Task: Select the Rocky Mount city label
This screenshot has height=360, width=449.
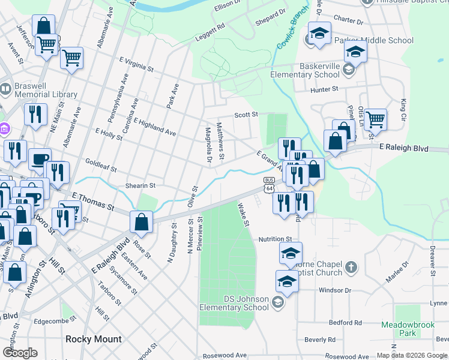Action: pos(93,339)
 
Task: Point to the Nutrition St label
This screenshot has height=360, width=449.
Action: pos(275,239)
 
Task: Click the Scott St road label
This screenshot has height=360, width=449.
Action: pos(246,114)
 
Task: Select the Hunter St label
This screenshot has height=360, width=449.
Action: pos(325,89)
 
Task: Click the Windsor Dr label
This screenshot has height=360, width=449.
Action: pos(334,290)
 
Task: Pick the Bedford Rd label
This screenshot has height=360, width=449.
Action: pos(341,323)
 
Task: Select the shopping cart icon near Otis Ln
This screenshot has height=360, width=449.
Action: pos(375,118)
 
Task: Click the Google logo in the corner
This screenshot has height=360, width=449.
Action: pos(20,353)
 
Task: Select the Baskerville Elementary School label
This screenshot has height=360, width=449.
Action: pos(305,70)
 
